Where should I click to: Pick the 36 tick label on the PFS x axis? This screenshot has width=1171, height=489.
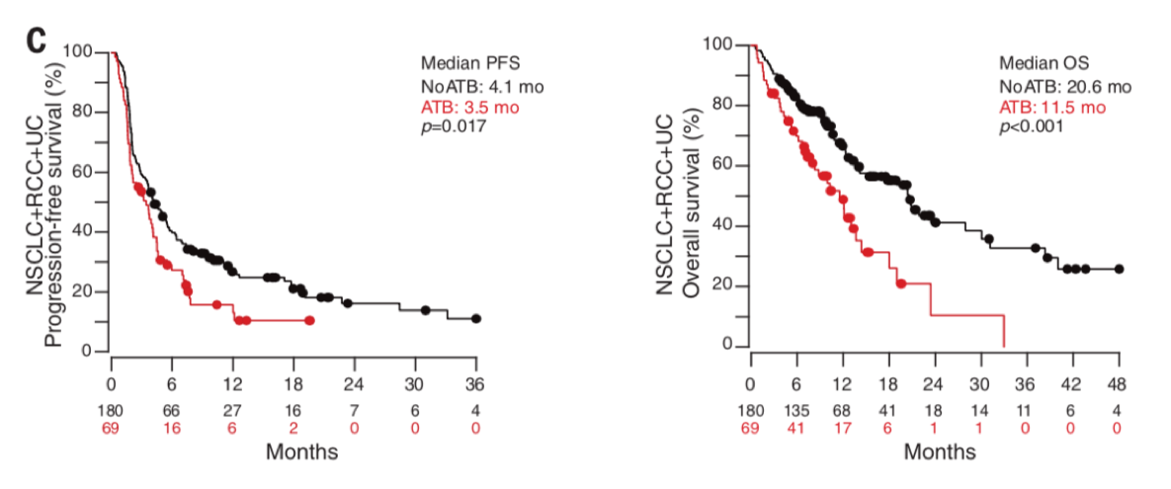[x=475, y=383]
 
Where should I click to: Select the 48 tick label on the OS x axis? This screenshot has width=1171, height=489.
[x=1118, y=383]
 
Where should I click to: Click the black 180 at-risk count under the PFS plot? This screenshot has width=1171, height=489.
[x=113, y=408]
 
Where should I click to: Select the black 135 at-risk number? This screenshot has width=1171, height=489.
[x=797, y=408]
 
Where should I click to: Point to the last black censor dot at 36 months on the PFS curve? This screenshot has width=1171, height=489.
[x=476, y=319]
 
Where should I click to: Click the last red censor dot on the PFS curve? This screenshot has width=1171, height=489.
[x=309, y=320]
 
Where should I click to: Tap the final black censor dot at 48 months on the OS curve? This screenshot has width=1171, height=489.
[x=1119, y=269]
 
